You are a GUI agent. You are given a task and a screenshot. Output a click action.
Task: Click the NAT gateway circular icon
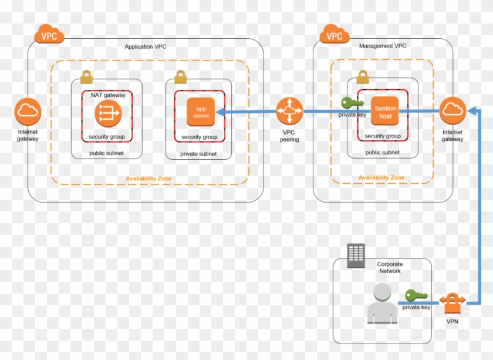click(108, 112)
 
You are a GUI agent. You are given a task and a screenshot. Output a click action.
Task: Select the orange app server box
click(201, 112)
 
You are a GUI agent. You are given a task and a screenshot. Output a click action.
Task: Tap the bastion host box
click(386, 112)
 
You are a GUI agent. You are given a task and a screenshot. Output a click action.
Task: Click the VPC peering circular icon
click(289, 110)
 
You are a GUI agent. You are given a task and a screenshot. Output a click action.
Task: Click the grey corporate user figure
click(381, 303)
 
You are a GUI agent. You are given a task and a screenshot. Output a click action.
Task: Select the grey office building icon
click(356, 255)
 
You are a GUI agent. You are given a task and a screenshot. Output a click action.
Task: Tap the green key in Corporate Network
click(416, 295)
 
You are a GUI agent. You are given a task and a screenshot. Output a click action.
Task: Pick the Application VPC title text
click(146, 46)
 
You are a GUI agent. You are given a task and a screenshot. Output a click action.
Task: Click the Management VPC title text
click(382, 46)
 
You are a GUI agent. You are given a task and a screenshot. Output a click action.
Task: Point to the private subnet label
click(198, 154)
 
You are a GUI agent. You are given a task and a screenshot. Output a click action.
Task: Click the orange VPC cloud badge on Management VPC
click(335, 35)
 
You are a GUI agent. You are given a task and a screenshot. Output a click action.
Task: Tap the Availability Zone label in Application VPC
click(149, 179)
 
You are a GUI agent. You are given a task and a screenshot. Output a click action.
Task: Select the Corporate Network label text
click(390, 268)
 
